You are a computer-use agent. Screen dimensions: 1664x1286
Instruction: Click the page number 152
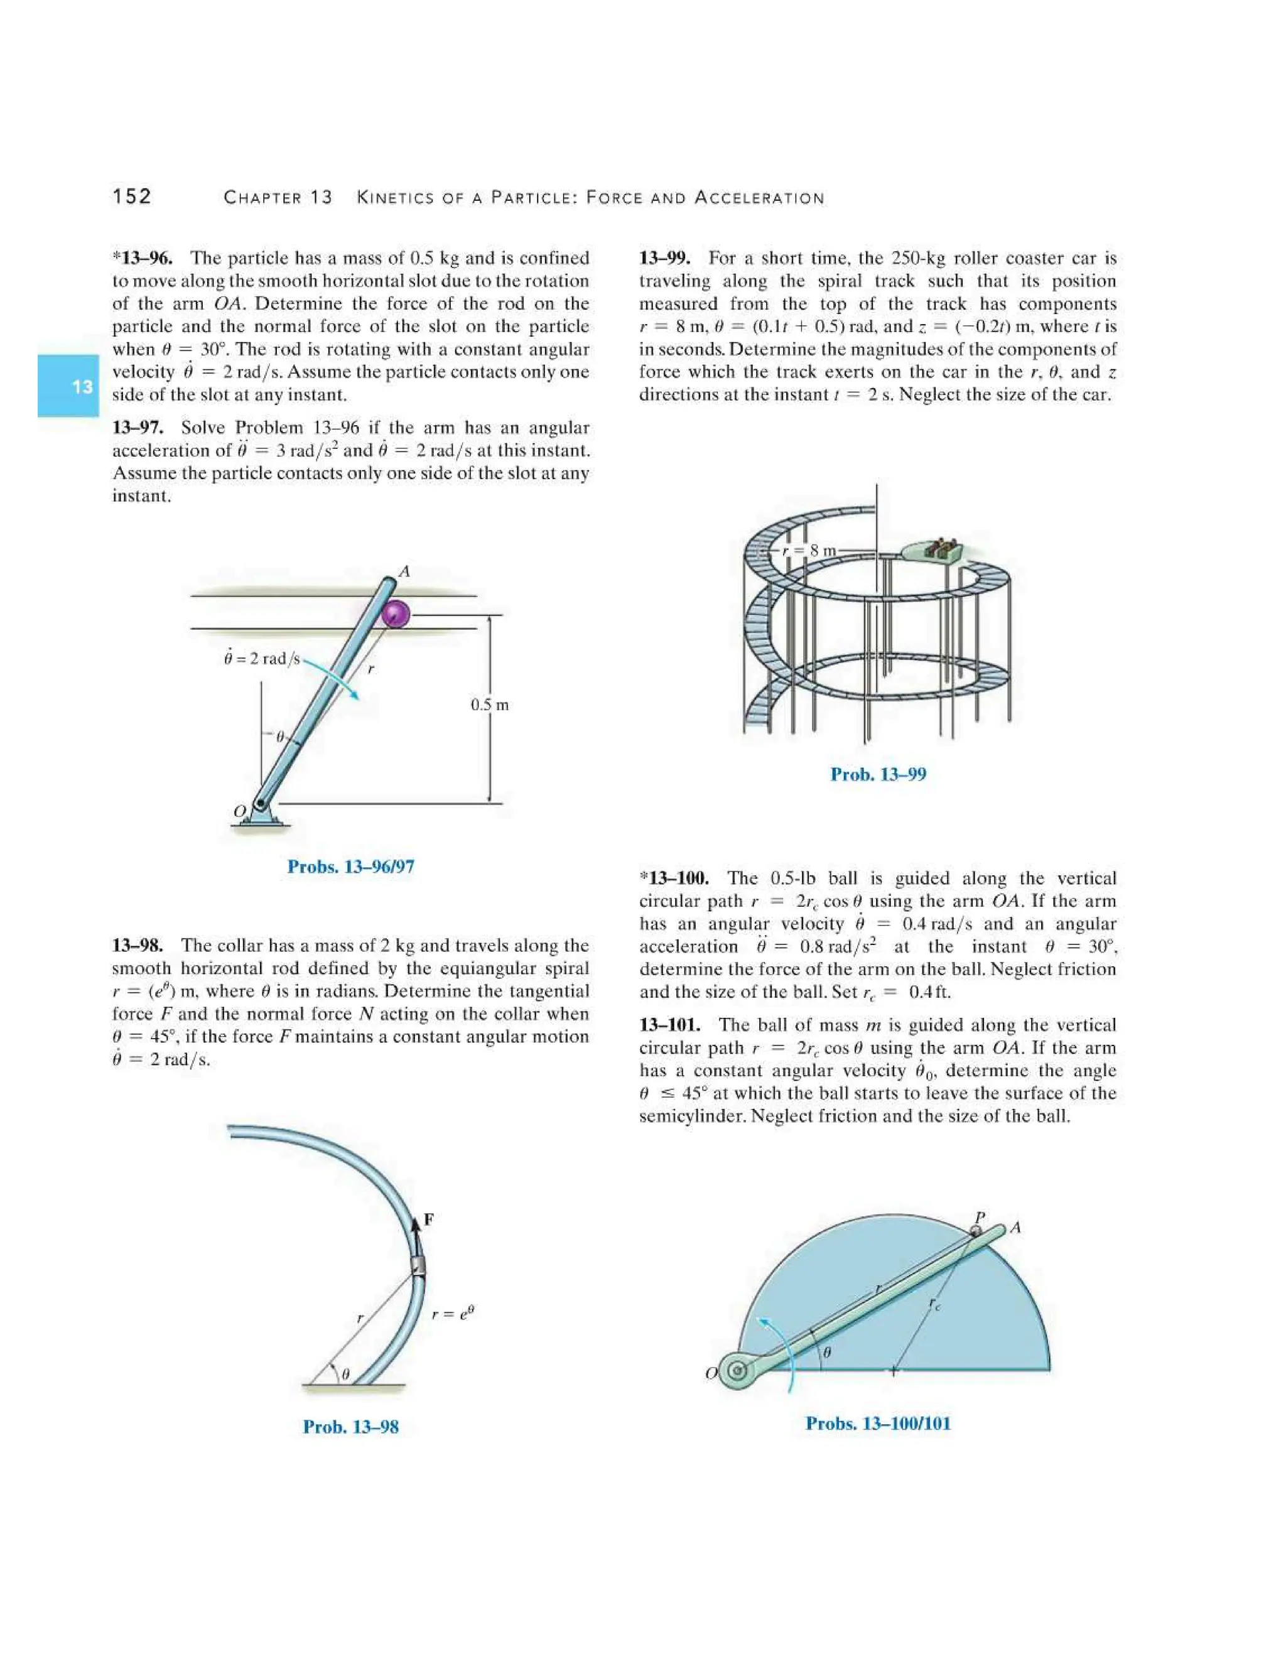[132, 197]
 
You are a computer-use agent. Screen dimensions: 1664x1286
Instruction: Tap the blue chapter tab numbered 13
[68, 386]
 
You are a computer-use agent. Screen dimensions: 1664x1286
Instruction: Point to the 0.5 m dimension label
[489, 705]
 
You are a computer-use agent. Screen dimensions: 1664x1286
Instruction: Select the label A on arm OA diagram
[404, 571]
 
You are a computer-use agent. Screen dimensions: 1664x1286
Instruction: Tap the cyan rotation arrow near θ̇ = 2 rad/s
[332, 676]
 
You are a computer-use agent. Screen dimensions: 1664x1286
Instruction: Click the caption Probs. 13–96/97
[350, 867]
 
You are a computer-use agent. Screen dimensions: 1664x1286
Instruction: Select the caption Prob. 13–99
[878, 774]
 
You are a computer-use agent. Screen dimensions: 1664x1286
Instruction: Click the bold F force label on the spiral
[429, 1220]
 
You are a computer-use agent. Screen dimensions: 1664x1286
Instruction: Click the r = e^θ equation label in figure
[453, 1314]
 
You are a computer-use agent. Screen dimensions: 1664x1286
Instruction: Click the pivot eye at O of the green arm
[737, 1371]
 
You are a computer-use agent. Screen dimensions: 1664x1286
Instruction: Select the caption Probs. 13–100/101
[878, 1424]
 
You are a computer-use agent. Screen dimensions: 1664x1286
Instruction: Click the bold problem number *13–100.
[674, 878]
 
